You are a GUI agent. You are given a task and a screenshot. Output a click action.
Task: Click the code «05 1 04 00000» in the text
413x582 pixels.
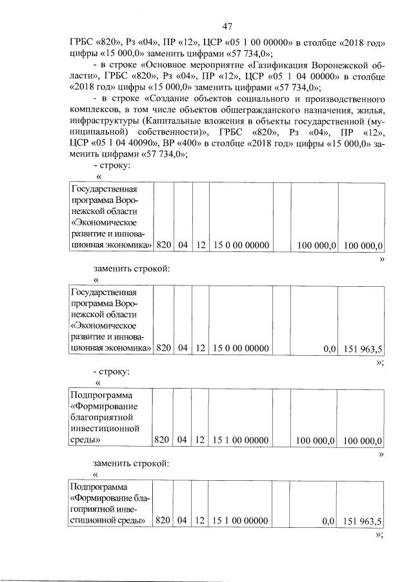pyautogui.click(x=285, y=77)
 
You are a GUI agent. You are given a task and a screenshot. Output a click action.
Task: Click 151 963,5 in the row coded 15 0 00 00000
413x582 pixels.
pyautogui.click(x=363, y=349)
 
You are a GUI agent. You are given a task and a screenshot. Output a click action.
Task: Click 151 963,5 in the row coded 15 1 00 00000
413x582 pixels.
pyautogui.click(x=363, y=521)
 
